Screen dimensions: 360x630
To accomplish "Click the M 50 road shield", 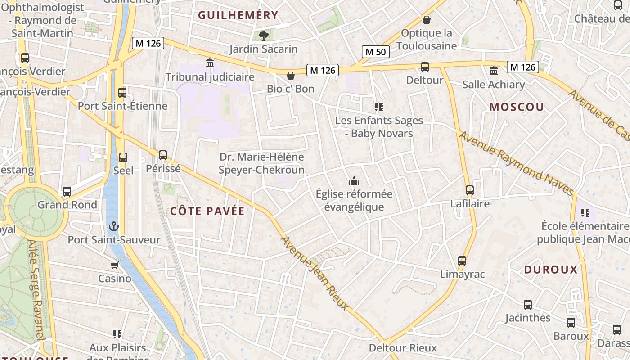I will tap(375, 52).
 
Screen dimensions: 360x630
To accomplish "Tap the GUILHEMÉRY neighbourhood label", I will tap(238, 15).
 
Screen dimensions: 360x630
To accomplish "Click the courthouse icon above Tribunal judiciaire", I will tap(210, 63).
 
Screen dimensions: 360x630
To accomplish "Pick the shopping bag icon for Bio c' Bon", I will tap(291, 75).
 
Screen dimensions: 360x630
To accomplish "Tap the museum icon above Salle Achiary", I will tap(494, 71).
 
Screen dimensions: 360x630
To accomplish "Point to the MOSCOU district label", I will tap(517, 107).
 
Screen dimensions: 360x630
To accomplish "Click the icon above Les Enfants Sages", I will tap(379, 107).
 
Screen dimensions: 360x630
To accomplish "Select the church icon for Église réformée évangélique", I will tap(354, 181).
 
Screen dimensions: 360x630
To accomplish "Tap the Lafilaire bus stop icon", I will tap(470, 190).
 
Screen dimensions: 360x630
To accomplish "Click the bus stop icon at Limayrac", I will tap(462, 261).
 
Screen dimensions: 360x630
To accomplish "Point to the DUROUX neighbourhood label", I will tap(550, 270).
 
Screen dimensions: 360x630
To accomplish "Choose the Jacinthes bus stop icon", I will tap(528, 305).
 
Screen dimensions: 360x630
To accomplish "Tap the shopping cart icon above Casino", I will tap(115, 265).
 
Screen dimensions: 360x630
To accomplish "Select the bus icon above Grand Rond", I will tap(67, 192).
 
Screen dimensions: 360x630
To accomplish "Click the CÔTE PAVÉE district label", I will tap(207, 211).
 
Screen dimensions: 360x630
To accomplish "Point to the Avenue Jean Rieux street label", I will tap(315, 273).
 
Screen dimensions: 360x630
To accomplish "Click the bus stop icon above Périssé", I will tap(163, 155).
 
